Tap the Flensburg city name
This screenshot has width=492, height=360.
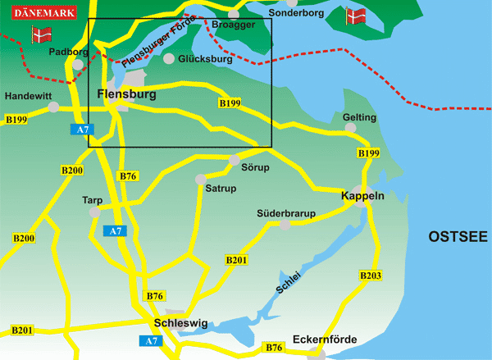(x=126, y=94)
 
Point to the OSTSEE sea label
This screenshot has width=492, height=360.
(x=458, y=237)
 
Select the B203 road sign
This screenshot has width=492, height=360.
(x=371, y=276)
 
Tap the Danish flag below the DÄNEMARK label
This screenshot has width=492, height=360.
(x=40, y=34)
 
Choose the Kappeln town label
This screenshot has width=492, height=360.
(x=363, y=197)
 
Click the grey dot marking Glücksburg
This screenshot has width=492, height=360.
(x=169, y=59)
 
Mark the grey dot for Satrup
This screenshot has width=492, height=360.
(x=199, y=179)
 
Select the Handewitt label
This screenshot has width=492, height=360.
(x=29, y=96)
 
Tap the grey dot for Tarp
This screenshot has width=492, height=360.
(x=95, y=212)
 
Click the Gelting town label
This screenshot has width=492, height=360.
(x=359, y=118)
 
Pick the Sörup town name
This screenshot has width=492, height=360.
(x=255, y=167)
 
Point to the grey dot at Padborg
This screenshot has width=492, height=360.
(x=78, y=64)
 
